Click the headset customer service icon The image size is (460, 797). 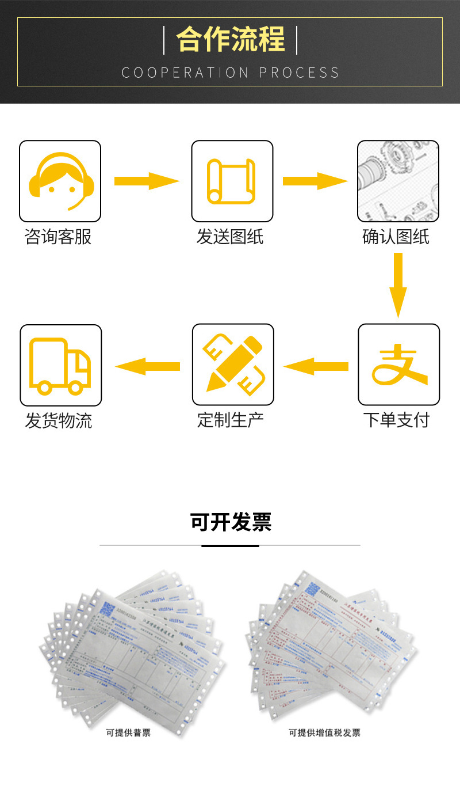60,181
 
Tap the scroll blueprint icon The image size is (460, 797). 232,181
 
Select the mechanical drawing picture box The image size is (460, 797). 398,181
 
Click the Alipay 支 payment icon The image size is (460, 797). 398,365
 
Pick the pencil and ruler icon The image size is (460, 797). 232,365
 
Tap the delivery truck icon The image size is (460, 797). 60,365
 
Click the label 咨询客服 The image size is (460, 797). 58,237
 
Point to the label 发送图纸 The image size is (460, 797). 230,237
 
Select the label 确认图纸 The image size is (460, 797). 396,237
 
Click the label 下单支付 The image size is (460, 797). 396,420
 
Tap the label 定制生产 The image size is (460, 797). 231,420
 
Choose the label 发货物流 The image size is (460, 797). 59,420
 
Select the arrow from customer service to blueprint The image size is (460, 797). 147,181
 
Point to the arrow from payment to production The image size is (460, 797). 316,366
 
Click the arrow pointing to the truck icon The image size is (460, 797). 147,366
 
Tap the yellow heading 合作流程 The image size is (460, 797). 231,39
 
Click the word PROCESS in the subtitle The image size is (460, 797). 299,73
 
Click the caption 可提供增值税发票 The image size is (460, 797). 324,733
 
